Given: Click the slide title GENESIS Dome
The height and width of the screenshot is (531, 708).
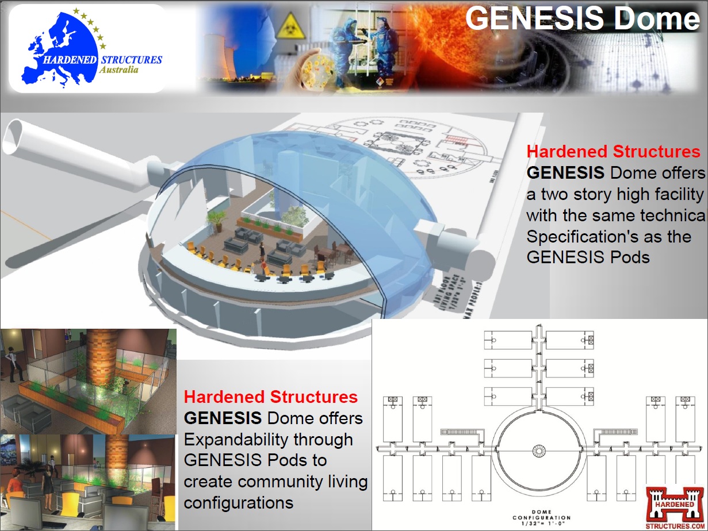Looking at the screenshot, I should pos(582,18).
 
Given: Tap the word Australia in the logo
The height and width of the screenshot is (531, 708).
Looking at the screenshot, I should pos(118,70).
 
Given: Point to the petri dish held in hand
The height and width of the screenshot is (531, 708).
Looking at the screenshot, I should pos(314,67).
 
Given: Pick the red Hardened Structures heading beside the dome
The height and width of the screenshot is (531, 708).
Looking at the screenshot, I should pos(613,152).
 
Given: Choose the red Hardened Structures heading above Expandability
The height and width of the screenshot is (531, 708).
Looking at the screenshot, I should pos(270,397).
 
